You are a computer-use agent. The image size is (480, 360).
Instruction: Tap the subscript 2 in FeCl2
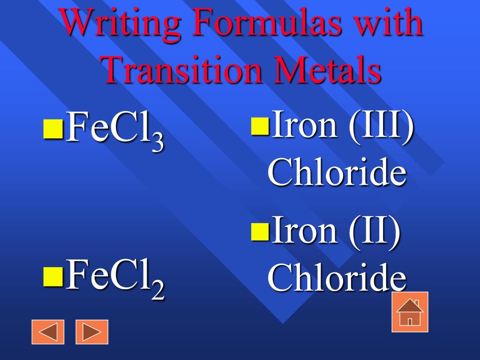point(158,291)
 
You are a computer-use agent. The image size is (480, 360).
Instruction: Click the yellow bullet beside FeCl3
point(53,129)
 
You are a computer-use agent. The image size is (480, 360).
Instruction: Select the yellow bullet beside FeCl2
point(53,277)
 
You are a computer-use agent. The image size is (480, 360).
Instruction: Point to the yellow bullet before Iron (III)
point(260,126)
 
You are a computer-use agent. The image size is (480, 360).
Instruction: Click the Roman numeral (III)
point(381,125)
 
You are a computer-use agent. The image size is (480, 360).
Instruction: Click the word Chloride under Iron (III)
point(337,172)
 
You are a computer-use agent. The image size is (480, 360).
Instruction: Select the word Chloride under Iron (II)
point(337,277)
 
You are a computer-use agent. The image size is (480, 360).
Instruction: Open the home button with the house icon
point(410,312)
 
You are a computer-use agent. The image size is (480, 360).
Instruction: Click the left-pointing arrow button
point(48,332)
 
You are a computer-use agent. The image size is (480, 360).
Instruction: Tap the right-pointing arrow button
point(92,332)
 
